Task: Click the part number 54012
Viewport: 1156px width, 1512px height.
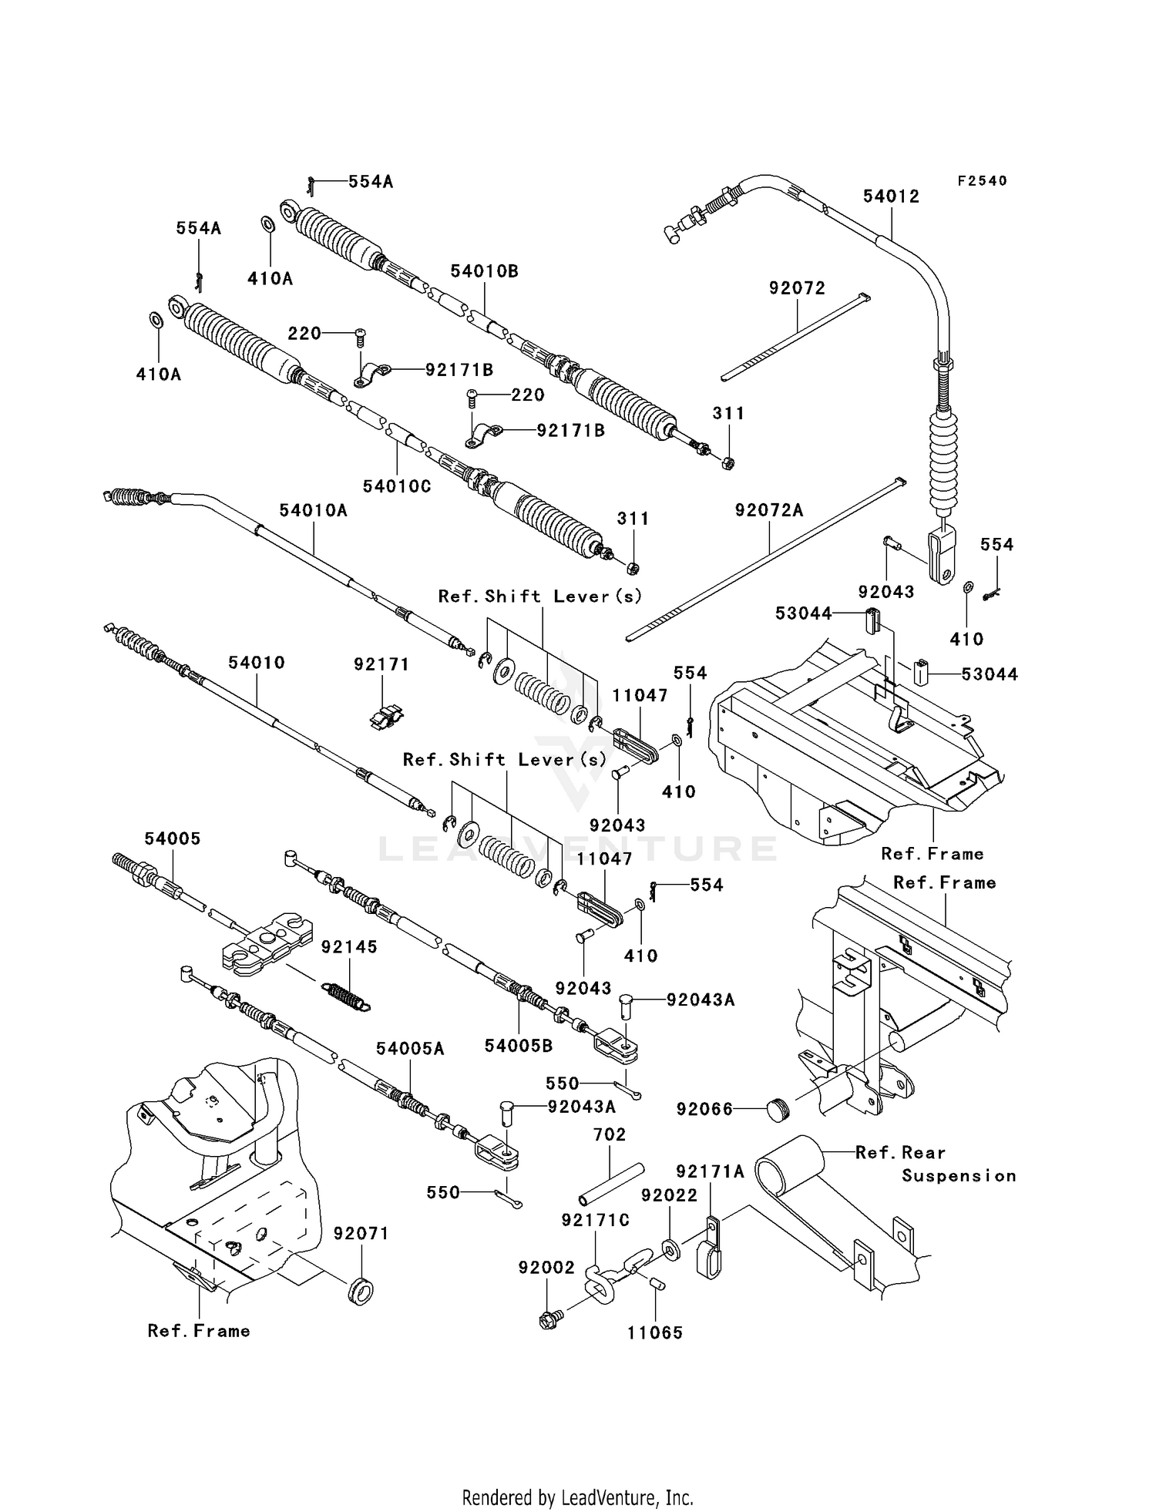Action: pos(891,197)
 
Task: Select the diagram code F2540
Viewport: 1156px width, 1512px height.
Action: pos(982,181)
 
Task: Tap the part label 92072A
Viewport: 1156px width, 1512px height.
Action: pos(768,510)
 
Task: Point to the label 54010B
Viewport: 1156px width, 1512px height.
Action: pos(484,271)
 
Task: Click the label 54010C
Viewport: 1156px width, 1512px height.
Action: pos(397,486)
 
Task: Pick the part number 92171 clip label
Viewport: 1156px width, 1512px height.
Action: pos(381,664)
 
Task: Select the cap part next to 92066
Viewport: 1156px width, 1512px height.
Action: pos(779,1110)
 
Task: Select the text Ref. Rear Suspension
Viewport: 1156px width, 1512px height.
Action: pos(936,1164)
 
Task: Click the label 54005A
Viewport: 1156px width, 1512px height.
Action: pos(410,1049)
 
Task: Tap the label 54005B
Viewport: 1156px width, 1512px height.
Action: pos(519,1046)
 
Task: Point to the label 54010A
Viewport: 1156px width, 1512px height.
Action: pos(313,509)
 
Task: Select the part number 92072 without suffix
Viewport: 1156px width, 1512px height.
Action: pos(797,288)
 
